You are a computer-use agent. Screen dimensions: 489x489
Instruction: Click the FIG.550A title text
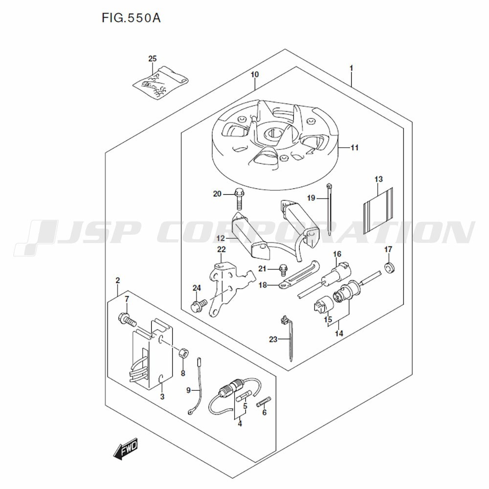(131, 18)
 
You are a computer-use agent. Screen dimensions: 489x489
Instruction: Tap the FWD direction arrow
(126, 450)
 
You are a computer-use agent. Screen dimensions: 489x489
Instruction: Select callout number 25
(153, 59)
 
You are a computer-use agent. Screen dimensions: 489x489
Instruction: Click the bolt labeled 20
(239, 199)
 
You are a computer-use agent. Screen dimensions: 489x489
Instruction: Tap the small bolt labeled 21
(283, 269)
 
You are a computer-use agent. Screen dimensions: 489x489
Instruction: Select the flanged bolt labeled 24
(199, 305)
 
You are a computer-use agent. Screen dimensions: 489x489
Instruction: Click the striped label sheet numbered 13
(378, 211)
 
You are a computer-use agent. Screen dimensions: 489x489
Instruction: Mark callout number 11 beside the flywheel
(355, 148)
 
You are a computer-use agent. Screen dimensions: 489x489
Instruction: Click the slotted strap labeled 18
(299, 274)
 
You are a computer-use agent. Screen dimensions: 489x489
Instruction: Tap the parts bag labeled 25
(160, 83)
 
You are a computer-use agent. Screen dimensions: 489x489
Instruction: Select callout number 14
(339, 333)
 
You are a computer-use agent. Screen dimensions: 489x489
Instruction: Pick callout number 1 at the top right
(352, 68)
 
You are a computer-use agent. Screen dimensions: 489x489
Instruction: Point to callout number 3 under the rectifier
(162, 397)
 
